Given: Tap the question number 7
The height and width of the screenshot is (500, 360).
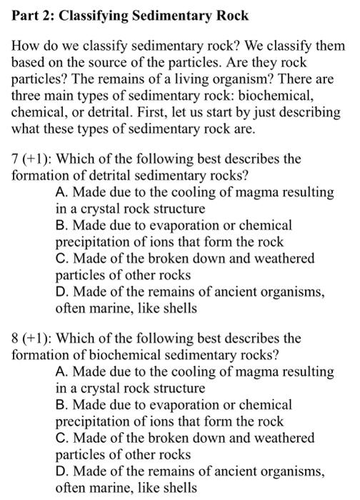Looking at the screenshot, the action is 14,159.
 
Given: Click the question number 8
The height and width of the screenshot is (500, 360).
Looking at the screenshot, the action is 14,338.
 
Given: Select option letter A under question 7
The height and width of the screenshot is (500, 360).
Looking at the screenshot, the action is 61,193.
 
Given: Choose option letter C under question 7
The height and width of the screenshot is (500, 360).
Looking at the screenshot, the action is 61,259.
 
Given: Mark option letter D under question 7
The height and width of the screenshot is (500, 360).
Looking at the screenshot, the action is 61,291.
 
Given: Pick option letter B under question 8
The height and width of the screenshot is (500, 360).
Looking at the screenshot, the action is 60,404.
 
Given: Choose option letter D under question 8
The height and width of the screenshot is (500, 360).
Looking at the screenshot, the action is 61,471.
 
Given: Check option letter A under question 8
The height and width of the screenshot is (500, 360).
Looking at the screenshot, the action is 61,372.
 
